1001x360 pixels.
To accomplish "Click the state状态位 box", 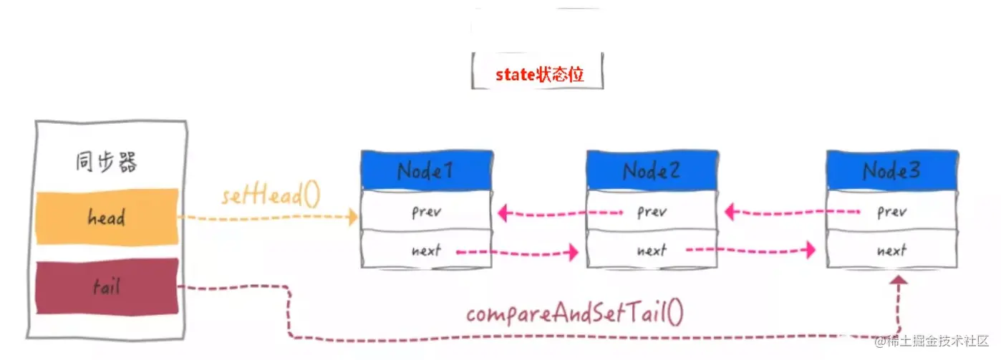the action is pyautogui.click(x=538, y=72).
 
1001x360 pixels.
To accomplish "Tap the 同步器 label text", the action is pyautogui.click(x=107, y=162).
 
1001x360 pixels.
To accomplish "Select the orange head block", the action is pyautogui.click(x=107, y=217).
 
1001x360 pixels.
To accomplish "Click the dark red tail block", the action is pyautogui.click(x=107, y=287).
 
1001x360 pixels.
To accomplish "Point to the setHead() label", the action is pyautogui.click(x=271, y=195).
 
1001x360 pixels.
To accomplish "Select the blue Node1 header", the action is pyautogui.click(x=427, y=170).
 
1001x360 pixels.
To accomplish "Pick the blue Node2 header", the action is pyautogui.click(x=652, y=170).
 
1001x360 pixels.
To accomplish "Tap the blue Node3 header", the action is pyautogui.click(x=892, y=170).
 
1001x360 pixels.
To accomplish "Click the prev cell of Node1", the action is pyautogui.click(x=427, y=211).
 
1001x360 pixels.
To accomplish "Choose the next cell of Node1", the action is pyautogui.click(x=427, y=249).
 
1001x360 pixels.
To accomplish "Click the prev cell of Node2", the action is pyautogui.click(x=652, y=211).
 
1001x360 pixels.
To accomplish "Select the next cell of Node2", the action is pyautogui.click(x=652, y=249).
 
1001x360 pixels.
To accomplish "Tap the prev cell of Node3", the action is pyautogui.click(x=892, y=211).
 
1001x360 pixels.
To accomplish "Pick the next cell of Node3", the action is pyautogui.click(x=892, y=249).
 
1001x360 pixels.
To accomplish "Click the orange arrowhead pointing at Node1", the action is pyautogui.click(x=353, y=217).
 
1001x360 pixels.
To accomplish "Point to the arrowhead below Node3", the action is pyautogui.click(x=899, y=280).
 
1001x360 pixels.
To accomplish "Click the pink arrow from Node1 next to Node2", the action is pyautogui.click(x=517, y=253).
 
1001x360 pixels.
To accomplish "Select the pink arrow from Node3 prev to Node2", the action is pyautogui.click(x=792, y=212).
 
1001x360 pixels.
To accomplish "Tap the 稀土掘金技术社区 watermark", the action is pyautogui.click(x=932, y=341).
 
